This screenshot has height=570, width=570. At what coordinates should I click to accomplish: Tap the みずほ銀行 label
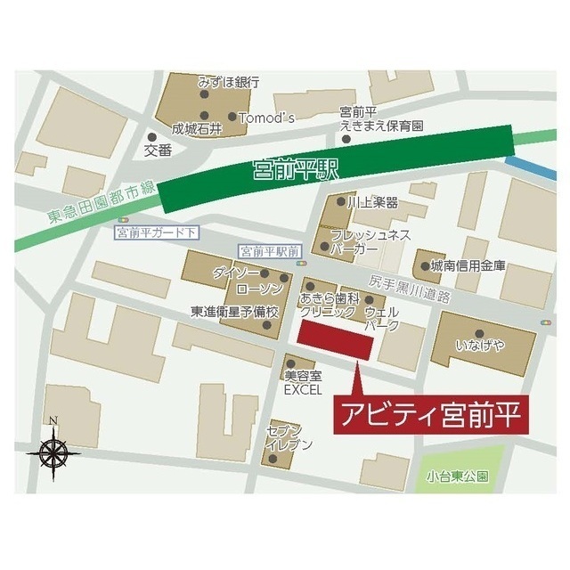[x=229, y=82]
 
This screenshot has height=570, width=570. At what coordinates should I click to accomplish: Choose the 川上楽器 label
[x=371, y=204]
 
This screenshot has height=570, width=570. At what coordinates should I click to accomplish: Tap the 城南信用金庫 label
[x=468, y=265]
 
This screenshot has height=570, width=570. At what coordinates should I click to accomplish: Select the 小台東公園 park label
[x=457, y=476]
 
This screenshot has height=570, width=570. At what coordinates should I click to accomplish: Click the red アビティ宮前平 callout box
[x=426, y=414]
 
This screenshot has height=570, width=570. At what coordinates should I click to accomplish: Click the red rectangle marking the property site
[x=335, y=342]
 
